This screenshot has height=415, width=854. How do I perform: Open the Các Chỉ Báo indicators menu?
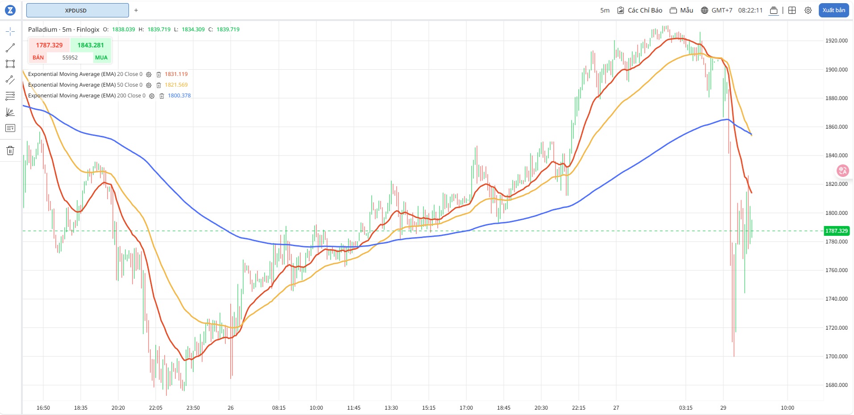coord(640,10)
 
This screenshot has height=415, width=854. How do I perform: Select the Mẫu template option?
coord(681,10)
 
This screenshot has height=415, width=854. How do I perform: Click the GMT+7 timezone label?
coord(717,10)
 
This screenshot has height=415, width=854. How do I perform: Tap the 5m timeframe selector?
coord(605,10)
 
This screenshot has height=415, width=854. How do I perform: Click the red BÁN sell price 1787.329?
coord(49,45)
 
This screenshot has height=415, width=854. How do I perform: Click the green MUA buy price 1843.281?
coord(91,45)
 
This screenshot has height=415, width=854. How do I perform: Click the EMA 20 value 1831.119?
coord(176,74)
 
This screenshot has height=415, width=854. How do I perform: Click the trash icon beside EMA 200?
coord(162,96)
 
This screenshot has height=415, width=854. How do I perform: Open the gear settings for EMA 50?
coord(149,85)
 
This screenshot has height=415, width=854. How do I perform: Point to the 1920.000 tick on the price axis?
coord(836,41)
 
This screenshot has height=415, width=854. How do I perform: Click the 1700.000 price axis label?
coord(836,356)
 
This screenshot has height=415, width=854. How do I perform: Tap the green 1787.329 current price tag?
coord(836,231)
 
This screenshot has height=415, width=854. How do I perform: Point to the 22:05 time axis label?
coord(156,408)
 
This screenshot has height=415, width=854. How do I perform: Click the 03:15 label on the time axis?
coord(686,408)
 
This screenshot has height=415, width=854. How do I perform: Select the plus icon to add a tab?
coord(136,10)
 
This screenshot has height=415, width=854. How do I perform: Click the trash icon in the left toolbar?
coord(10,151)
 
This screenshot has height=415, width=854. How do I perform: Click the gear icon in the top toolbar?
coord(808,10)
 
